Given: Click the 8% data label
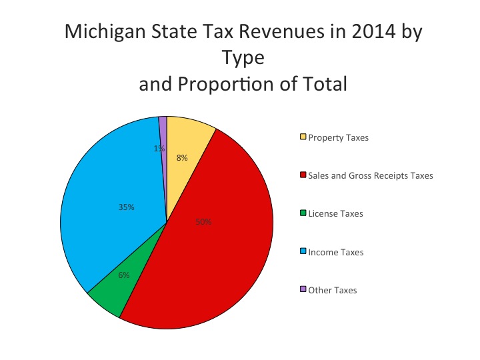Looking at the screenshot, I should click(x=182, y=158).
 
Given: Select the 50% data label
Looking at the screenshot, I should click(x=203, y=222).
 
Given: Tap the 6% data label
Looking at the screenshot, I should click(x=124, y=275).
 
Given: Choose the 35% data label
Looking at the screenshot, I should click(x=127, y=207).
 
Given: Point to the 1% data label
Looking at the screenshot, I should click(x=159, y=149).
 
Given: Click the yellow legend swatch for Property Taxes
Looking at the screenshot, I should click(x=303, y=137).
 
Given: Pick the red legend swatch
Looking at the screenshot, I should click(x=303, y=175).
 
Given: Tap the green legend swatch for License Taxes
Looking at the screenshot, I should click(x=303, y=213).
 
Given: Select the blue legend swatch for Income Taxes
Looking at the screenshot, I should click(x=303, y=252).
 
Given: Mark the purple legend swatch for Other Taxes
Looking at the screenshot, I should click(x=303, y=290).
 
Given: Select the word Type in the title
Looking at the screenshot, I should click(x=243, y=59).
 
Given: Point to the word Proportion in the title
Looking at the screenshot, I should click(x=233, y=85).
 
